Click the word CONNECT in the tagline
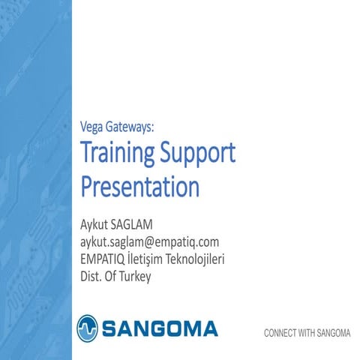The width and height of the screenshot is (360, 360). click(280, 332)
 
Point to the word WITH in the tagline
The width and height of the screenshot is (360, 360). click(307, 332)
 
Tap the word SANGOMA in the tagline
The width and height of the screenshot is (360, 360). click(334, 332)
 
